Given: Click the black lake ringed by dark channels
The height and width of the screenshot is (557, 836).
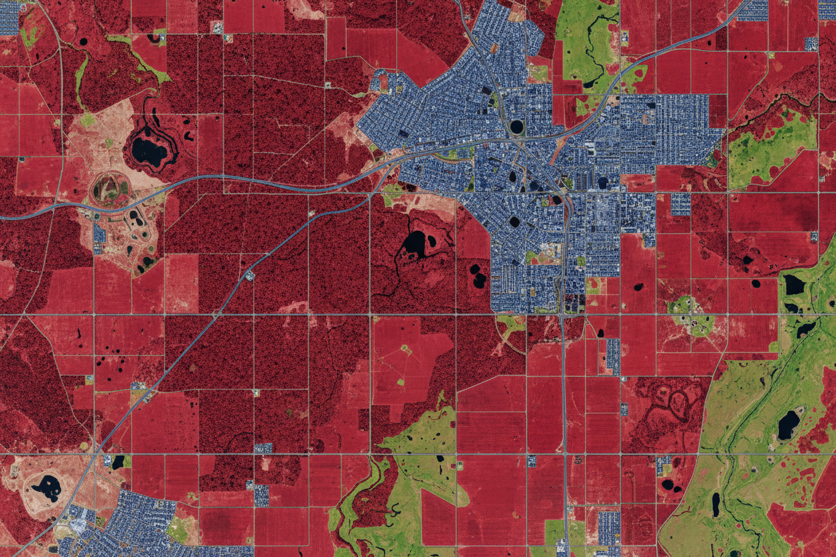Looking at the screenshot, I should (149, 151).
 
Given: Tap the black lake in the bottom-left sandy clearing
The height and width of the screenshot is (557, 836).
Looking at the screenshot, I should (48, 487).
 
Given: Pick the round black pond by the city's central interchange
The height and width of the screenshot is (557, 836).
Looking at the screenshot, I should (516, 126).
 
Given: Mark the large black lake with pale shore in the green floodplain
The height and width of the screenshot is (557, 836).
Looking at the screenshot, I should (788, 424).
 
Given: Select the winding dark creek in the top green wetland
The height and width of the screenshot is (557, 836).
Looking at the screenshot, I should (589, 47).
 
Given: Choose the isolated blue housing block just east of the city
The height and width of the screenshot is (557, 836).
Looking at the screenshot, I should (680, 204).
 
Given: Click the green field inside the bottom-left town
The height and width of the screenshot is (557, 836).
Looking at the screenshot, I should (178, 530).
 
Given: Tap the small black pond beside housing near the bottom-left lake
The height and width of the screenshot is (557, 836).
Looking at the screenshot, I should (119, 461).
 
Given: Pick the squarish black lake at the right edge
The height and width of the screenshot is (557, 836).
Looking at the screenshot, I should (794, 285).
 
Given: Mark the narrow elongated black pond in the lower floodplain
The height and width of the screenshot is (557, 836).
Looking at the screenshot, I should (715, 504).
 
